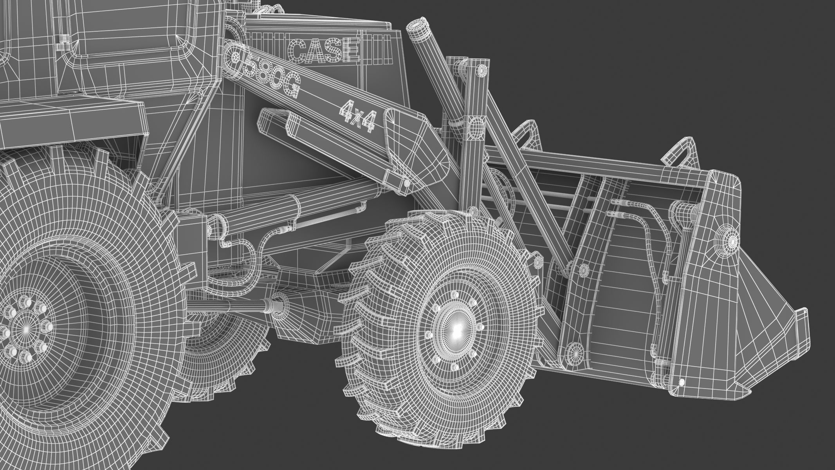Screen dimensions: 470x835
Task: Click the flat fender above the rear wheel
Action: pos(70,117)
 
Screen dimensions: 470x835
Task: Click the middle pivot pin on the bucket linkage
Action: pos(583,269)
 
